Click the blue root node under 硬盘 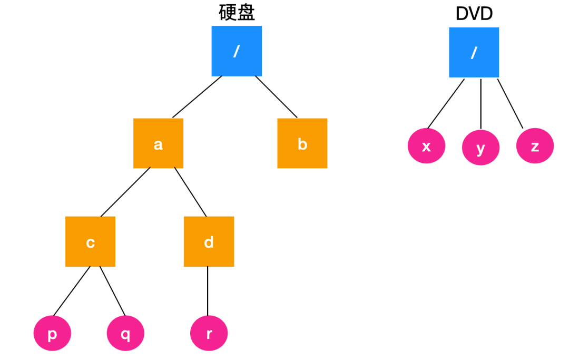click(237, 51)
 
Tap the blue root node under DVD click(474, 52)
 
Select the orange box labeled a click(158, 143)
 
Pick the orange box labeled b click(302, 143)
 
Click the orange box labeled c click(90, 242)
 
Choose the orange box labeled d click(209, 242)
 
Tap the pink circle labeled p click(52, 334)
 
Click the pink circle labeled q click(125, 334)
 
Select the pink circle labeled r click(209, 334)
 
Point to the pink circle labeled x click(426, 145)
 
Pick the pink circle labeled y click(480, 147)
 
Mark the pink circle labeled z click(535, 145)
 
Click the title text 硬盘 click(237, 13)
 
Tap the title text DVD click(474, 14)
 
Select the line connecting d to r click(208, 291)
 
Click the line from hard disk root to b click(276, 96)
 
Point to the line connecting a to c click(125, 192)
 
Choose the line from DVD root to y click(481, 103)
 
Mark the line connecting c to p click(72, 290)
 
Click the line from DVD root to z click(510, 103)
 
